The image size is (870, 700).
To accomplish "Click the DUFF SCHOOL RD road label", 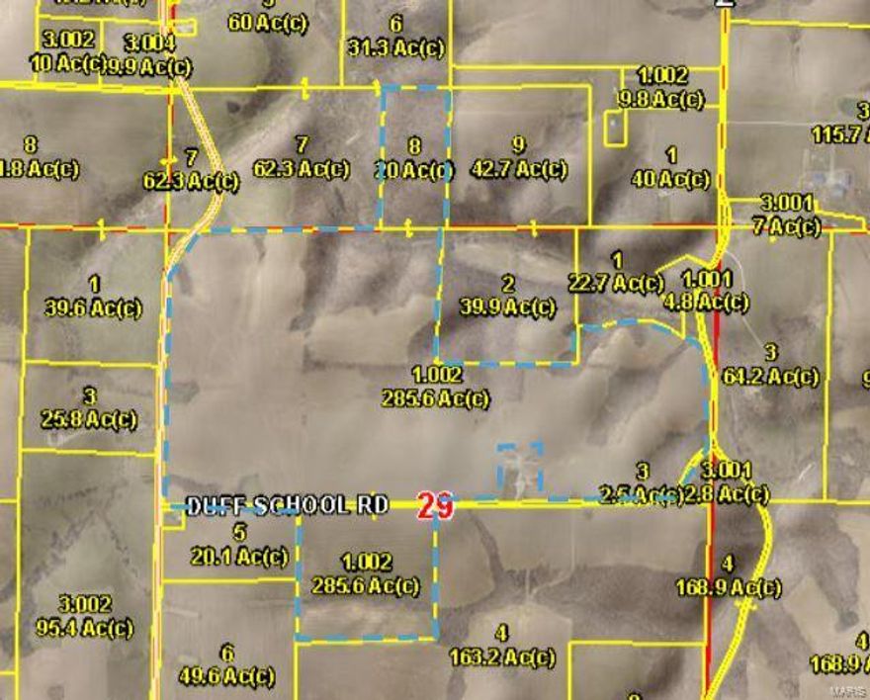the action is click(288, 505).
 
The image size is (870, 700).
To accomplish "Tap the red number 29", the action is click(435, 506).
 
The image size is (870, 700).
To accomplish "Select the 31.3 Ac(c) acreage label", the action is click(395, 47).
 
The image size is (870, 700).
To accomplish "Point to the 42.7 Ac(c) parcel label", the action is click(519, 169).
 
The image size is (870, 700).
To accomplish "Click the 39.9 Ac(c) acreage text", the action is click(507, 307).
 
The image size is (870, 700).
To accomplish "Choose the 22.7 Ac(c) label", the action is click(616, 284).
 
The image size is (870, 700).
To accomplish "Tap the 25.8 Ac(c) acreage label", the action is click(89, 419).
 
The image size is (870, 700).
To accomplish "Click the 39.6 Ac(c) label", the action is click(94, 307).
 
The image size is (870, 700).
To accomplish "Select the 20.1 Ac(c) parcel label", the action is click(240, 557).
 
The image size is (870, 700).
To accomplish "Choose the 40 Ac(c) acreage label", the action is click(671, 179).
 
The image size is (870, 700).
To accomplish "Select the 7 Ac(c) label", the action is click(787, 226).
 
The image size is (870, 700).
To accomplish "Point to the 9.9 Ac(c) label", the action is click(149, 66).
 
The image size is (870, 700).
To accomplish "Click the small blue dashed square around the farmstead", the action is click(520, 468).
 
